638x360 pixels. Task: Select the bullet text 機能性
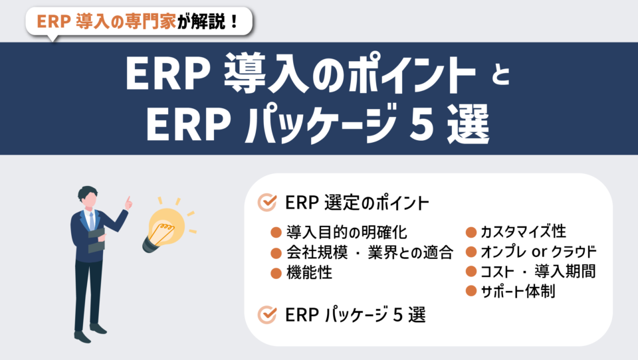click(x=309, y=272)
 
